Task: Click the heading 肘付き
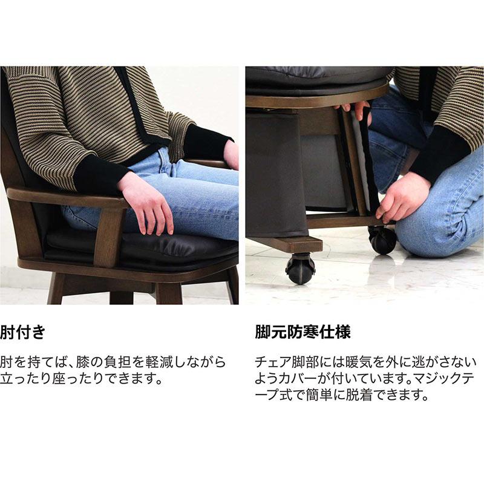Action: click(24, 333)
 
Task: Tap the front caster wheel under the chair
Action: click(301, 268)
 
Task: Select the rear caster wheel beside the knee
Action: click(382, 239)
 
